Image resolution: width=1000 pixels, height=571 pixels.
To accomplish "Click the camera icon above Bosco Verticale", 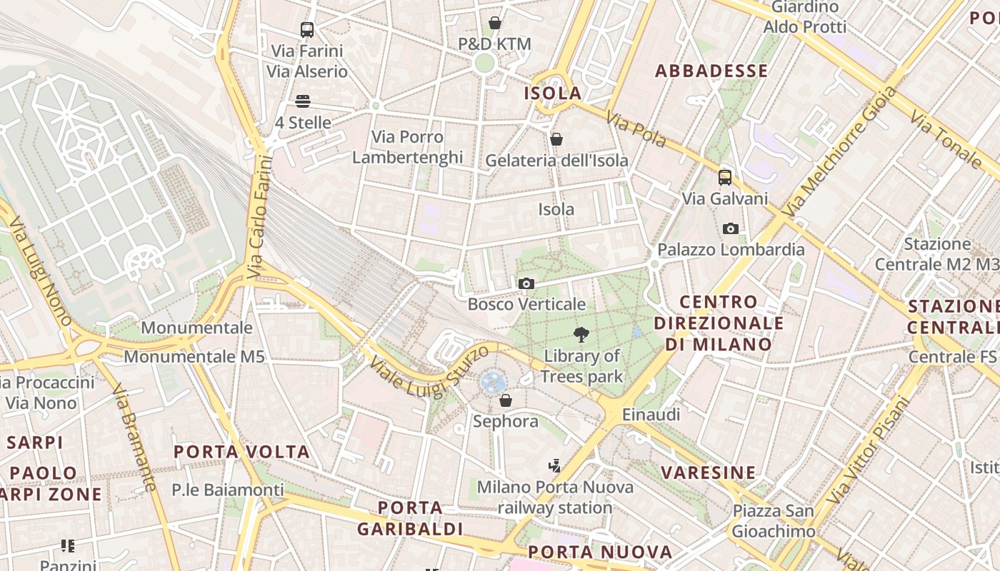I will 526,284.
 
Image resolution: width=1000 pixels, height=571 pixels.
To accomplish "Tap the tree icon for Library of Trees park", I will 581,334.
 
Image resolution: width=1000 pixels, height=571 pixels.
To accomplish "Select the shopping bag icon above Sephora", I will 506,400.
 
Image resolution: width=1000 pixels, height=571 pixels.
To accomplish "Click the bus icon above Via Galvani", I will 725,178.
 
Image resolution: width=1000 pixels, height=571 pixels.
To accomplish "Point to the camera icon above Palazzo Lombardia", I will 730,229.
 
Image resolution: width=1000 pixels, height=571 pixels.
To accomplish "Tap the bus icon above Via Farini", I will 307,30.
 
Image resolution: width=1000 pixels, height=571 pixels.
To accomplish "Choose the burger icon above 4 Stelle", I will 303,101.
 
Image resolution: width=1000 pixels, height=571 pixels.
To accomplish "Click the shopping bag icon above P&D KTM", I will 495,23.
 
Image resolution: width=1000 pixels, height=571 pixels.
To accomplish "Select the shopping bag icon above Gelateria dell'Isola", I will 556,139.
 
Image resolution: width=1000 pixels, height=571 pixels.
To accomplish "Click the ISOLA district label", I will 553,94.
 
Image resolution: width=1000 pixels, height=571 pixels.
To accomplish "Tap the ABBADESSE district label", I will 711,71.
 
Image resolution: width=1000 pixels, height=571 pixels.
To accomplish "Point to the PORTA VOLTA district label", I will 242,452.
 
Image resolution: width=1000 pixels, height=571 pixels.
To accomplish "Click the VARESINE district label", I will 708,473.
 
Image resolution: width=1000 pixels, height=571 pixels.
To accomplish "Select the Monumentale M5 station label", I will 195,356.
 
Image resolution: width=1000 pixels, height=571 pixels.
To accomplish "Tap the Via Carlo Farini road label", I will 260,216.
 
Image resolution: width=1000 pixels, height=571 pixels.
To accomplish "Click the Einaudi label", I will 651,415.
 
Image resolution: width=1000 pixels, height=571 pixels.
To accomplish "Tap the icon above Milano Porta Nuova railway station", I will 554,466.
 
